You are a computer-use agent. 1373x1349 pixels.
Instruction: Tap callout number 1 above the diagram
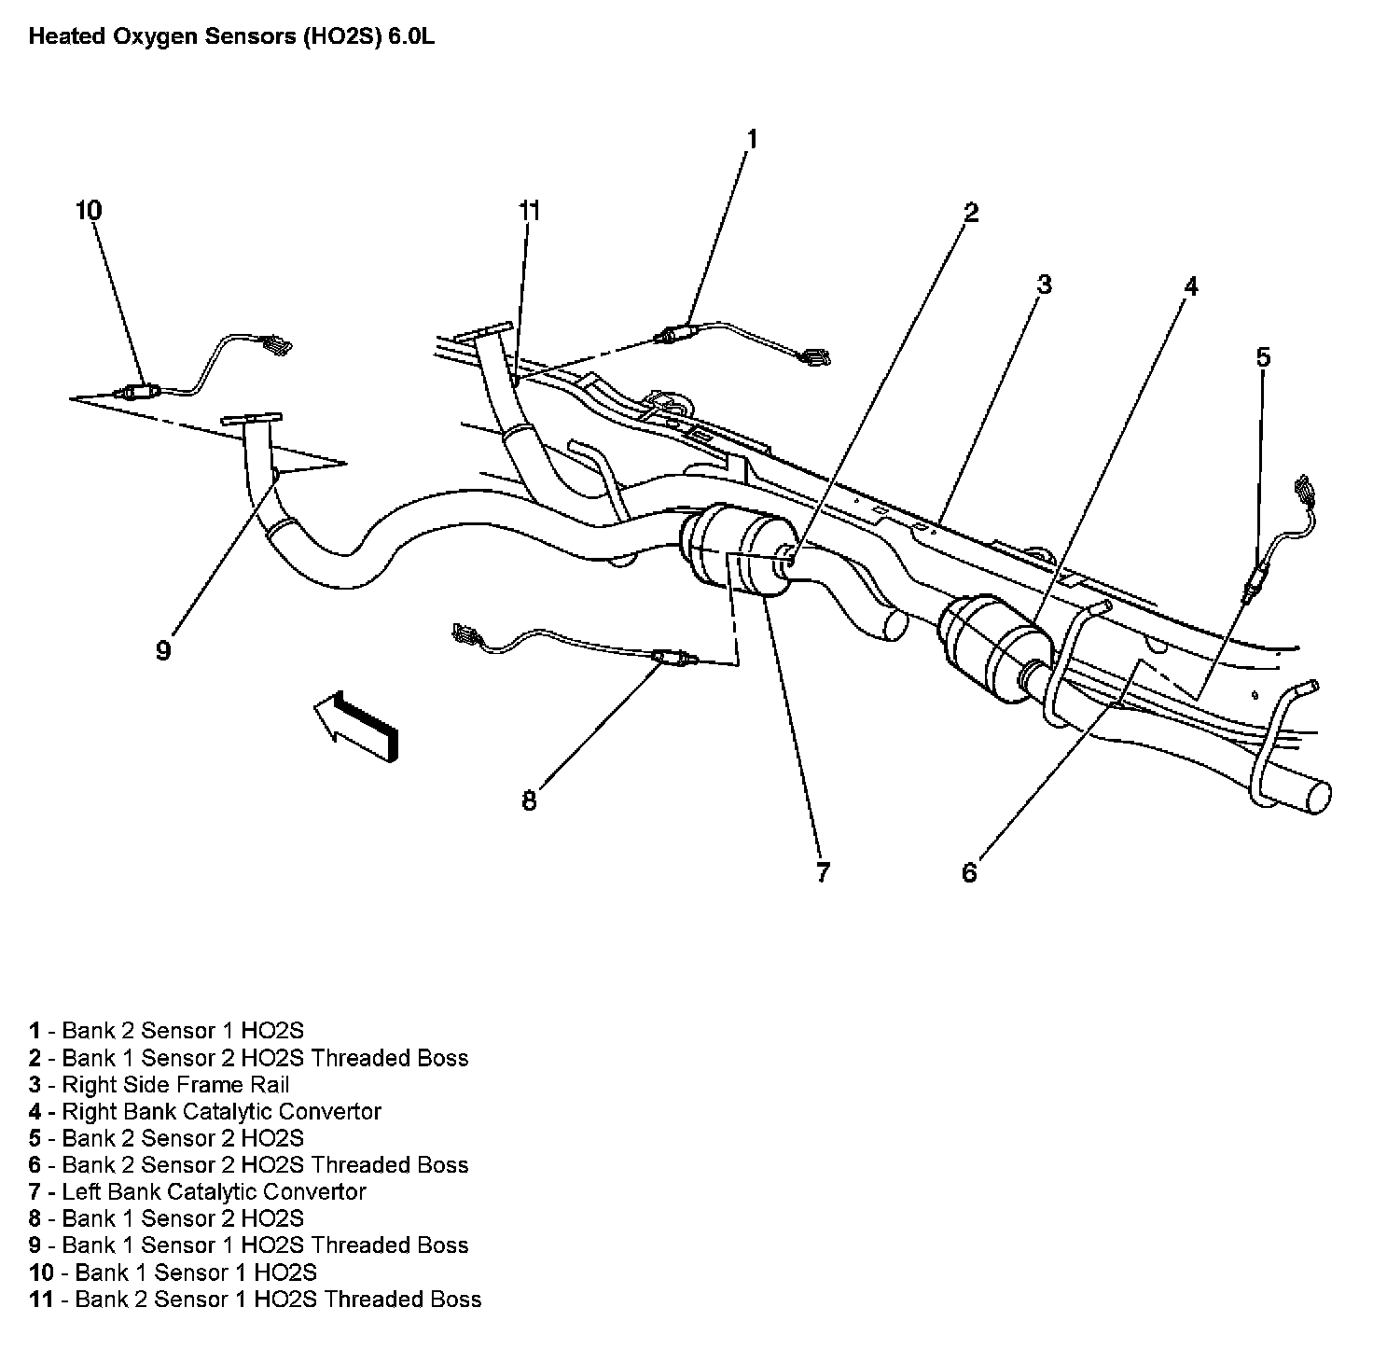[x=752, y=140]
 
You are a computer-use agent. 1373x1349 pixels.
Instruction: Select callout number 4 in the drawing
[x=1189, y=286]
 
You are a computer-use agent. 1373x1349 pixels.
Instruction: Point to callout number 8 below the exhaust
[x=529, y=800]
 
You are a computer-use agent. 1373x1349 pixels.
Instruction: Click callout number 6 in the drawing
[x=969, y=872]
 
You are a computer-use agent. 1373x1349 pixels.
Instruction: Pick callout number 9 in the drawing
[x=163, y=651]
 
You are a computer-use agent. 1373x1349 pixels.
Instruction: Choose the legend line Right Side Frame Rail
[x=159, y=1085]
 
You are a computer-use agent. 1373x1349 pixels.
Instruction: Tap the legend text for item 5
[x=167, y=1138]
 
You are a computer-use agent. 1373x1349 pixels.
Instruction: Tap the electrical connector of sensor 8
[x=464, y=636]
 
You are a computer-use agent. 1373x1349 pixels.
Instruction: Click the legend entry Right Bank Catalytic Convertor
[x=205, y=1112]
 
